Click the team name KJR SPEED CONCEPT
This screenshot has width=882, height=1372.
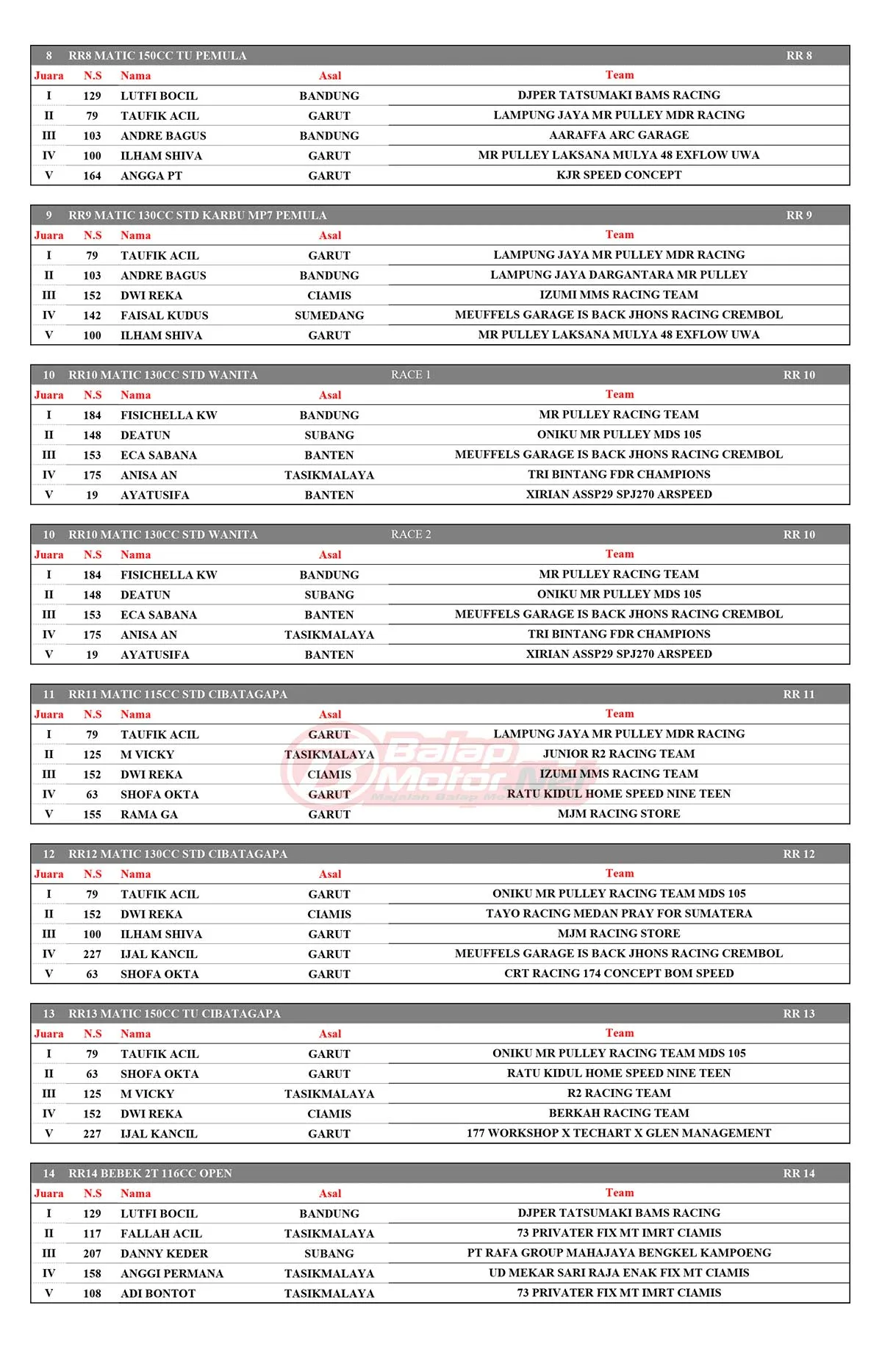(619, 175)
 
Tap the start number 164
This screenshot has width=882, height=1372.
(92, 176)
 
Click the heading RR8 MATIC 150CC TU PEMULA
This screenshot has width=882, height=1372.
(157, 56)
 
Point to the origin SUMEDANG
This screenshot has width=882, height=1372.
(329, 315)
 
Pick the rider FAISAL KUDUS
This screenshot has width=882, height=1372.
(165, 315)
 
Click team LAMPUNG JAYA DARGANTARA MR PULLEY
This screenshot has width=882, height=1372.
(619, 275)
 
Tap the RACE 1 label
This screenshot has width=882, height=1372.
(411, 375)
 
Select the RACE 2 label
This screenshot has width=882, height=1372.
(411, 535)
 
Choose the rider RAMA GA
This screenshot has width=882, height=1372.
(149, 815)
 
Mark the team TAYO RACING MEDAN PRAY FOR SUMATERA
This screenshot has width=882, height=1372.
(619, 914)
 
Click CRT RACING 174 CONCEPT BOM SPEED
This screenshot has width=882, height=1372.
(619, 973)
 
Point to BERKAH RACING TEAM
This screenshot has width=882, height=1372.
(619, 1113)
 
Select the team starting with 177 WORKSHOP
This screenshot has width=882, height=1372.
(619, 1133)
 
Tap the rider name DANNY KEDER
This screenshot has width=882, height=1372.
(164, 1254)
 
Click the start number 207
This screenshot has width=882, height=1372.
(92, 1254)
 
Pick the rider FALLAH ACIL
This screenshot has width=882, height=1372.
(161, 1234)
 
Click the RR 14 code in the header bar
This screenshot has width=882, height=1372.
(799, 1173)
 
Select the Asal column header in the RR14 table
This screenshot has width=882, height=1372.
(330, 1193)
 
